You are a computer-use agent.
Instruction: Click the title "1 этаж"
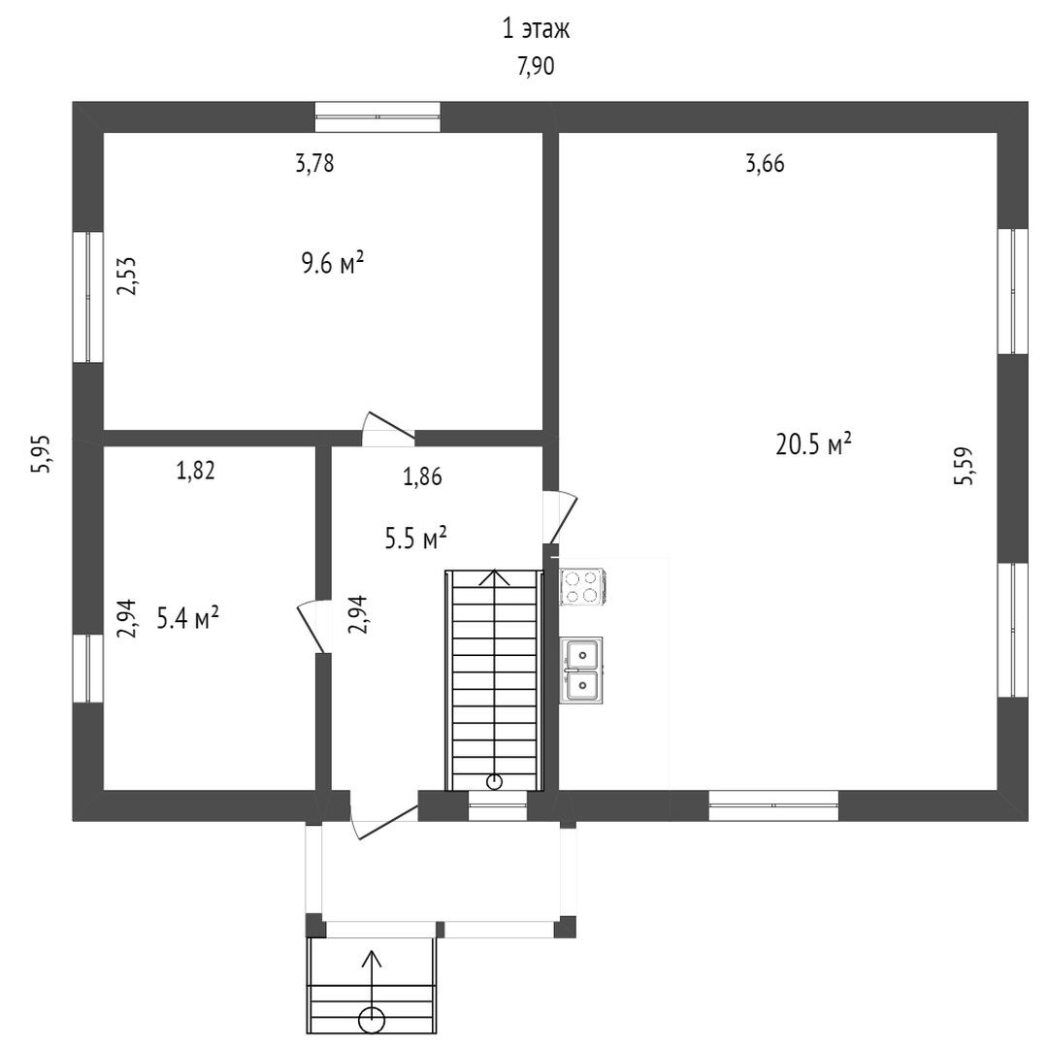[535, 30]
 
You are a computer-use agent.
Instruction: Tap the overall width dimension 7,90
[536, 67]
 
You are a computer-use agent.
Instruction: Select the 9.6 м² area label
[332, 263]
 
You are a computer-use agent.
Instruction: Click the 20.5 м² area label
[813, 444]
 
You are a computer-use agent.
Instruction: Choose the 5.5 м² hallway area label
[415, 538]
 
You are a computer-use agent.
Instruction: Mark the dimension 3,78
[314, 164]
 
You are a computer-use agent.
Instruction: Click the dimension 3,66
[765, 164]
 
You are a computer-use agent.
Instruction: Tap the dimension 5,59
[964, 466]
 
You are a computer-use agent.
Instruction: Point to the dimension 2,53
[127, 276]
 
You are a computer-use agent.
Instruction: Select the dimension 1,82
[195, 472]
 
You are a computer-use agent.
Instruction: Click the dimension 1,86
[423, 475]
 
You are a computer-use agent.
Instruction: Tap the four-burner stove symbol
[583, 586]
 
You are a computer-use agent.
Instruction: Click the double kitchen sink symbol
[581, 670]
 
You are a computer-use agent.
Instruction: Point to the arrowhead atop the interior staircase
[496, 575]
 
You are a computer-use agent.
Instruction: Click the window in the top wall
[378, 117]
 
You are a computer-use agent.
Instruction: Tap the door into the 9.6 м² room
[387, 430]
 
